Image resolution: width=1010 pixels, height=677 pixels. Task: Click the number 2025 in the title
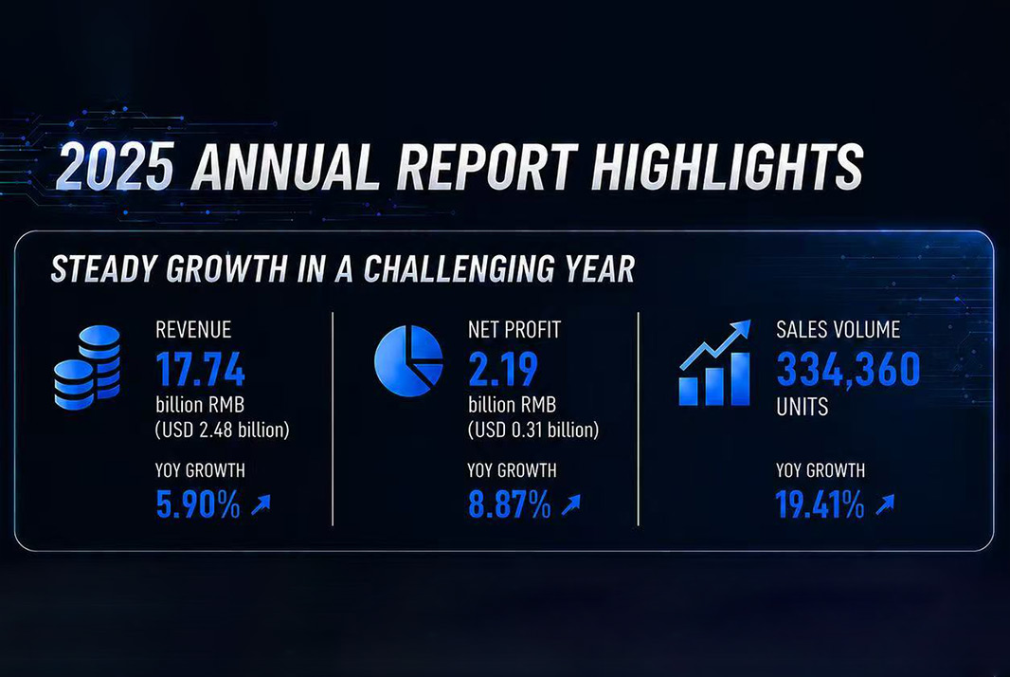click(116, 166)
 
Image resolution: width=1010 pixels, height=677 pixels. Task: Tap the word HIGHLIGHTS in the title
click(728, 166)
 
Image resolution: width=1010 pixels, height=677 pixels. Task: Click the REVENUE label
click(193, 329)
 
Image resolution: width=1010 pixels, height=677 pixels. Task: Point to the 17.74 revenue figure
click(200, 369)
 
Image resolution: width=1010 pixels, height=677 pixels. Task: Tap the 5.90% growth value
click(198, 504)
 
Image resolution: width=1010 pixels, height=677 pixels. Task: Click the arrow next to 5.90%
click(261, 504)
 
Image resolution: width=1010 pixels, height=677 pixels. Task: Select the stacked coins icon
click(87, 368)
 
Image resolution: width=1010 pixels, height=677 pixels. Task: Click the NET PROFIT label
click(514, 329)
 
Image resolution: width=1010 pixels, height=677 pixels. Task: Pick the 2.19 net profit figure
click(503, 369)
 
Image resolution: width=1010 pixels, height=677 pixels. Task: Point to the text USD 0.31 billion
click(533, 430)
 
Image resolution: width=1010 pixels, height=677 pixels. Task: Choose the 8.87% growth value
click(509, 504)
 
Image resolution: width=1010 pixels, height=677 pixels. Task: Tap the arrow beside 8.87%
click(570, 504)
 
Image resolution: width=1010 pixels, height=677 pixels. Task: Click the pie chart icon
click(408, 360)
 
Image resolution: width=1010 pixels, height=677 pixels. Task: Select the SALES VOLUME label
click(838, 329)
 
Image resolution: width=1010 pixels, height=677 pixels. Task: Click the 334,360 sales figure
click(848, 369)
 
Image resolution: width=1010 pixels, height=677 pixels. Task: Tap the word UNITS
click(802, 407)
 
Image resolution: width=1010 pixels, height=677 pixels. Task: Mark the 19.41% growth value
click(820, 504)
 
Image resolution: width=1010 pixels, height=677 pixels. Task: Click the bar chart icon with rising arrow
click(715, 363)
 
